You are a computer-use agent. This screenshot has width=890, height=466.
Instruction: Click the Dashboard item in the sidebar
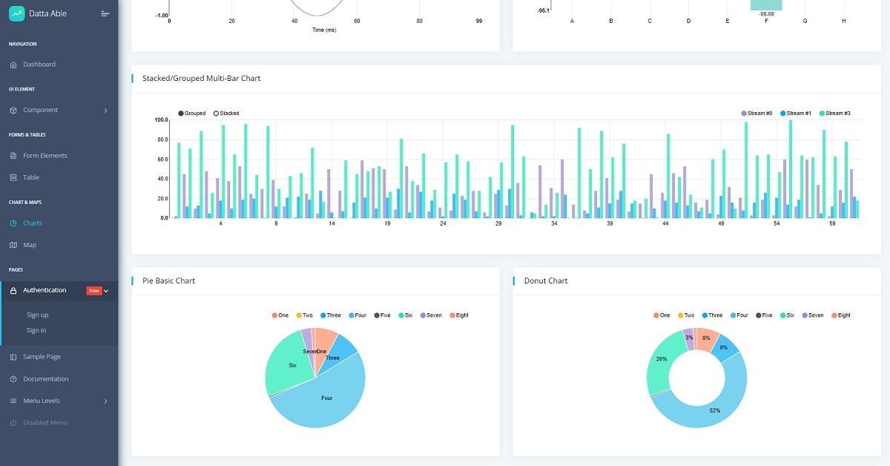point(39,65)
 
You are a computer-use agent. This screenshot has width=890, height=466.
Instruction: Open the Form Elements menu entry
point(44,156)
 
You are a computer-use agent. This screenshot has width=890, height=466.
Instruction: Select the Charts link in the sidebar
point(33,223)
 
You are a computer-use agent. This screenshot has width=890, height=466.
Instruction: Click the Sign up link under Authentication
point(37,315)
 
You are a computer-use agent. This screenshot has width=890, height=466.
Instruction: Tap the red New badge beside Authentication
point(94,291)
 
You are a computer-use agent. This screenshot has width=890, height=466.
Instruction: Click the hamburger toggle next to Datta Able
point(105,13)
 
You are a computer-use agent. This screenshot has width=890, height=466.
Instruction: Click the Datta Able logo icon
point(16,13)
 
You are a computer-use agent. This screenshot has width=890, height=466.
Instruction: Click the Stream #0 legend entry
point(756,114)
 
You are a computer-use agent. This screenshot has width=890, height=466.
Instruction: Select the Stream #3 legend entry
point(835,114)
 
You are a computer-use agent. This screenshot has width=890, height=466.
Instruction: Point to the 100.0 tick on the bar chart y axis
point(161,119)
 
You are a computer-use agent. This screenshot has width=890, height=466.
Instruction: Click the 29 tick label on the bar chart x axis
point(498,223)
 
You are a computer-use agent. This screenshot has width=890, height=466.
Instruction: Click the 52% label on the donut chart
point(714,410)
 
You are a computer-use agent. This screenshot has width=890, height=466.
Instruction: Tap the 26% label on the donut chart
point(661,359)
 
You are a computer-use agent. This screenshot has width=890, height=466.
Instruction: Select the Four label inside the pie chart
point(326,398)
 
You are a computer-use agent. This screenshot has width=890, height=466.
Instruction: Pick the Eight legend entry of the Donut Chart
point(840,315)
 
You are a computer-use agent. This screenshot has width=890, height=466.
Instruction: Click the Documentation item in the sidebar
point(45,379)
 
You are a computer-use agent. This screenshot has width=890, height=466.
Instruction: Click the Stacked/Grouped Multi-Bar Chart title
point(201,79)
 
